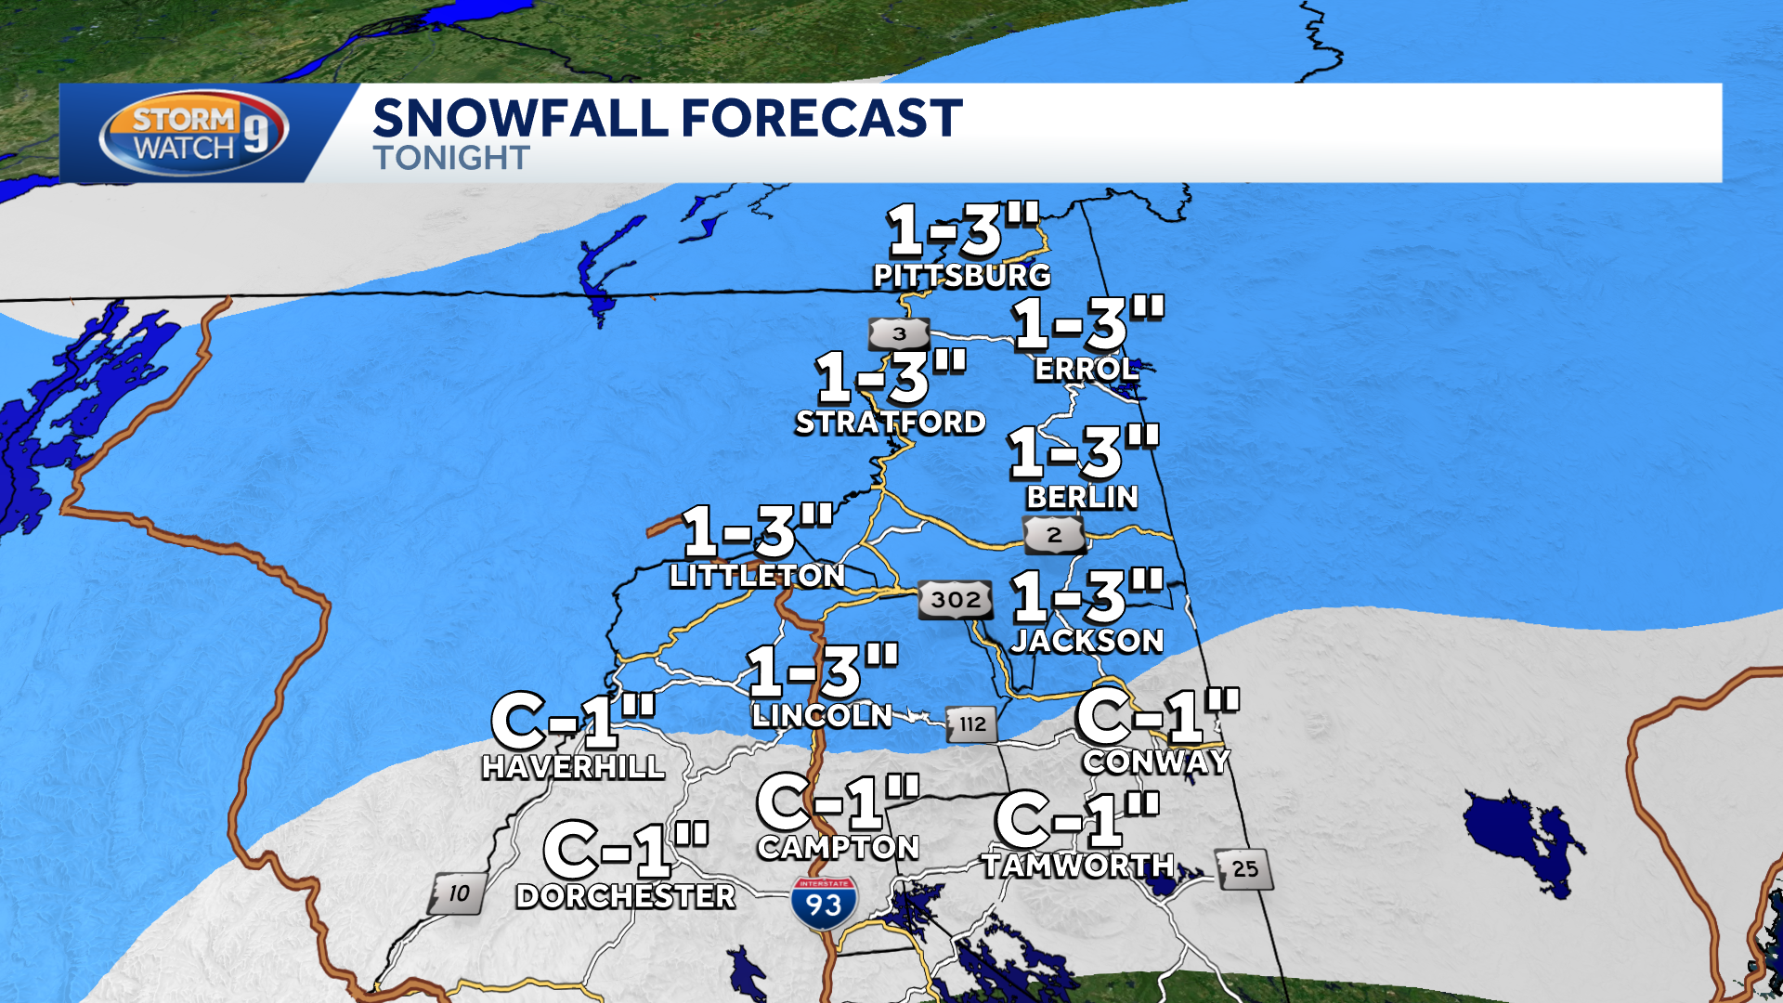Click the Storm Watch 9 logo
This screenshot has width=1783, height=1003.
(194, 133)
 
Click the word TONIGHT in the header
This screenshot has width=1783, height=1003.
(451, 158)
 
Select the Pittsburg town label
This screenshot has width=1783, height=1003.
(962, 276)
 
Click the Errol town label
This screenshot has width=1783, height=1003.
(1086, 370)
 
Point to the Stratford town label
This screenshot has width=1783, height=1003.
(891, 423)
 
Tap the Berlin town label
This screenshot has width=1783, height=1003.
(1082, 498)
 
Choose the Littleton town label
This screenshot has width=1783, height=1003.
(757, 576)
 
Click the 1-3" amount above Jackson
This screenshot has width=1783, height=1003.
(1087, 596)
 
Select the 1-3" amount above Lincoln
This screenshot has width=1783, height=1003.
(823, 671)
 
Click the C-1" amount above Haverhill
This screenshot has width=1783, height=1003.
(573, 721)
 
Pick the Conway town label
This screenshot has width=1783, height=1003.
(1156, 762)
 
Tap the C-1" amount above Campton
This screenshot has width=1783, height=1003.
(838, 802)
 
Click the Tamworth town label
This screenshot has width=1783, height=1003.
(1078, 866)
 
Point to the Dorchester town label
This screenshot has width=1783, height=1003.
(626, 896)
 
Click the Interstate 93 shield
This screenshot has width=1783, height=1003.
(824, 902)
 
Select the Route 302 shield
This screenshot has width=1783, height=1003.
(956, 600)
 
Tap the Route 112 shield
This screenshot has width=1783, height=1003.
(972, 724)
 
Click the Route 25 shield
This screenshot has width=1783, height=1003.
(1244, 869)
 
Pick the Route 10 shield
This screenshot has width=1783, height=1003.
(457, 894)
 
